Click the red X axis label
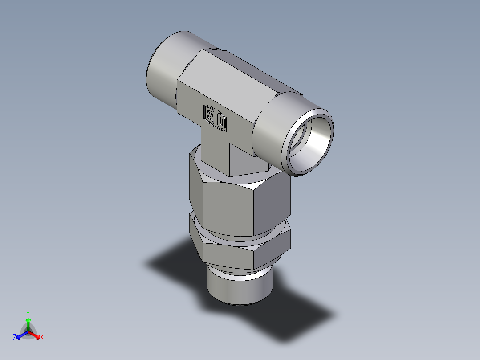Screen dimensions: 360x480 tap(42, 337)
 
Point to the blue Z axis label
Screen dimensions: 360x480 tap(15, 337)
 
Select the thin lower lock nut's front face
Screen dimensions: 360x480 tap(227, 257)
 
